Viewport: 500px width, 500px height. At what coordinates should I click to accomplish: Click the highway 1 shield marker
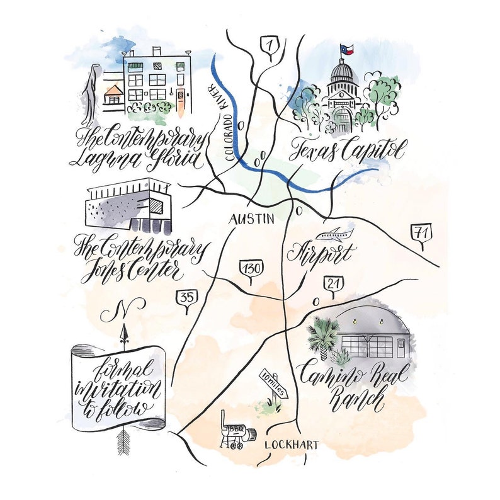point(270,46)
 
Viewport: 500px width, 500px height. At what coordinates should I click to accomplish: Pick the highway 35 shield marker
point(186,298)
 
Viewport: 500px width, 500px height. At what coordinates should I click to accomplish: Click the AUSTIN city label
point(251,219)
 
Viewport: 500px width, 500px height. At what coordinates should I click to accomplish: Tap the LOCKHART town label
point(292,445)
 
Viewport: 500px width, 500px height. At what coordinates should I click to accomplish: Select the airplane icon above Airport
point(333,236)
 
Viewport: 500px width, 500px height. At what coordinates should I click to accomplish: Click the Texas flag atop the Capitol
point(346,49)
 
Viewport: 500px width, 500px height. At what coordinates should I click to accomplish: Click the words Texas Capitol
point(347,150)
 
